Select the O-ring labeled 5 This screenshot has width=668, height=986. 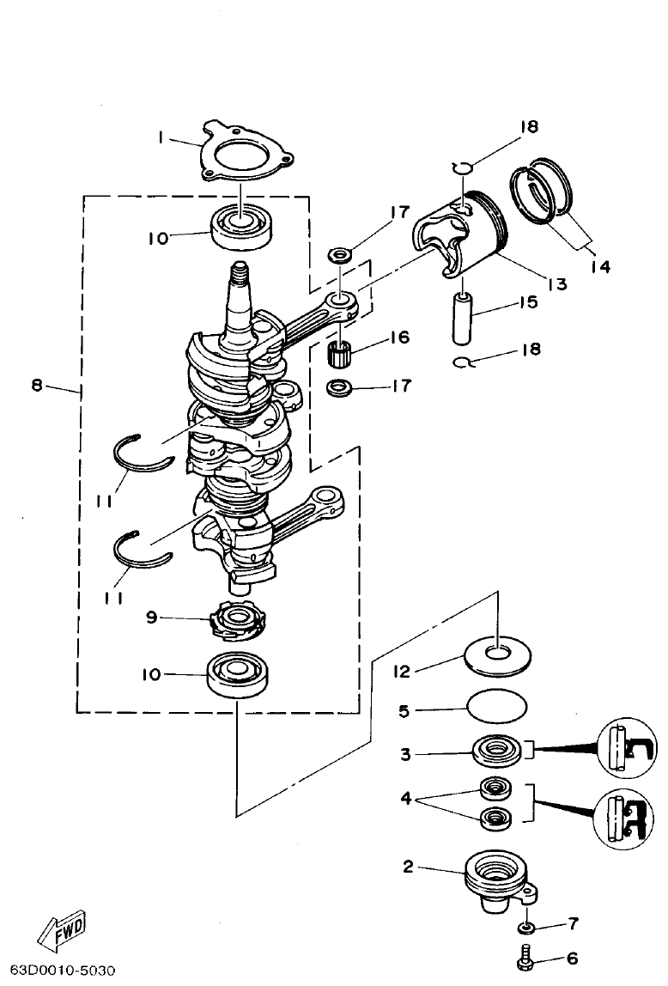click(x=497, y=709)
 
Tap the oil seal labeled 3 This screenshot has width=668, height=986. click(x=496, y=752)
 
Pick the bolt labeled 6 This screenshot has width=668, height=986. click(x=523, y=956)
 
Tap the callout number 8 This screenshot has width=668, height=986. click(x=36, y=386)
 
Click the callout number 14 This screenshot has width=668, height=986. click(x=599, y=267)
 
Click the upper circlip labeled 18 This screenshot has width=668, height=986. click(x=462, y=167)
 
